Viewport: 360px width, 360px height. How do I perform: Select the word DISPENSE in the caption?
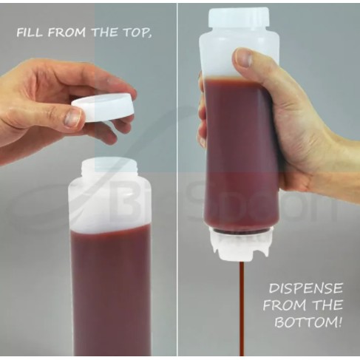[305, 288]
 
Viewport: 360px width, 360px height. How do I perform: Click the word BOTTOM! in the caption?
[308, 322]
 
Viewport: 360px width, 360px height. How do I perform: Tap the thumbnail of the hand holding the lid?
[72, 118]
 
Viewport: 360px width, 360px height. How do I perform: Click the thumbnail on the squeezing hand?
[243, 58]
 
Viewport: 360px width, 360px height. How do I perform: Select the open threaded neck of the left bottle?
[109, 166]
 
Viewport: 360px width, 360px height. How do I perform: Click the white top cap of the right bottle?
[238, 18]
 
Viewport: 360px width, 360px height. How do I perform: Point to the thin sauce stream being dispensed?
[242, 309]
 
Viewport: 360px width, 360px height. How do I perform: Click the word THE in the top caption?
[105, 33]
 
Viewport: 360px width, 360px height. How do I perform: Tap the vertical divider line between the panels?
[177, 180]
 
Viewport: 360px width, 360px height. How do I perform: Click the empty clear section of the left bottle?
[110, 202]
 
